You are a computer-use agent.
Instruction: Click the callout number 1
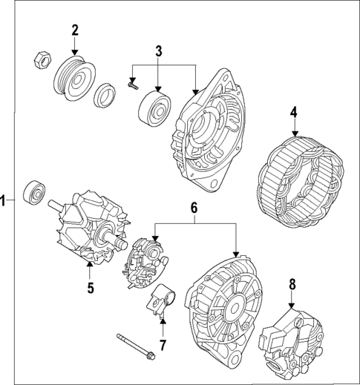pos(4,200)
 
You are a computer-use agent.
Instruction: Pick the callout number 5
pos(90,287)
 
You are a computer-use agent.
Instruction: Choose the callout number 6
pos(194,210)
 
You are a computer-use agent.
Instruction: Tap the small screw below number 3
pos(134,87)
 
